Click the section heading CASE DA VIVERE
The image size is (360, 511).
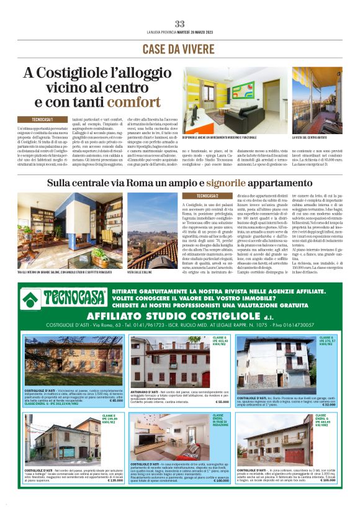click(179, 49)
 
